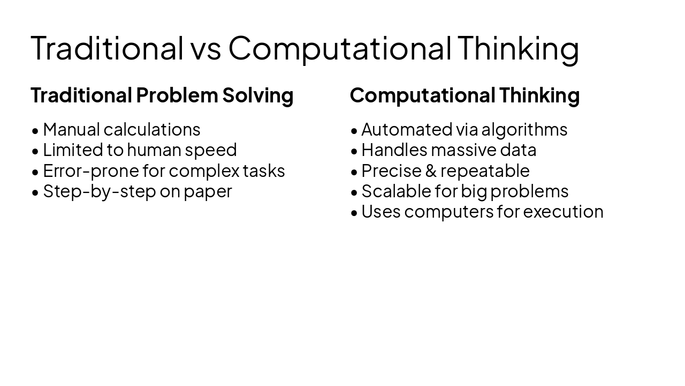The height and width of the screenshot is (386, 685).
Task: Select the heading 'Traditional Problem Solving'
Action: coord(162,95)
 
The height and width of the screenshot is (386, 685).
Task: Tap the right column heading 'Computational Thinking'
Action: coord(465,95)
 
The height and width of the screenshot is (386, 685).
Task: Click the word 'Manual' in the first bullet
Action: coord(71,130)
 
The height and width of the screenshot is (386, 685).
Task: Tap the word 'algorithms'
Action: coord(524,130)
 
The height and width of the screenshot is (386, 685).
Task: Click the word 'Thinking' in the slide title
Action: coord(518,48)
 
